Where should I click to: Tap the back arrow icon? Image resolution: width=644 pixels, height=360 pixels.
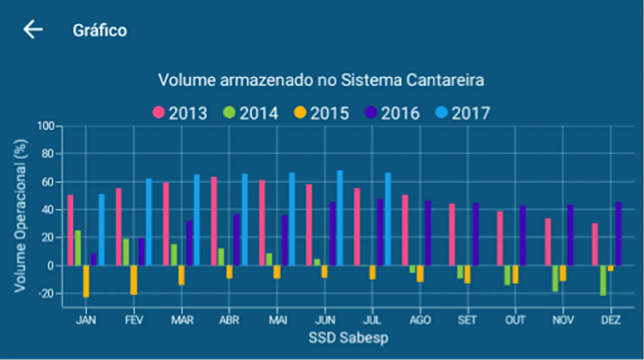coord(33,30)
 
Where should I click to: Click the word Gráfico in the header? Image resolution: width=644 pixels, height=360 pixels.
coord(100,30)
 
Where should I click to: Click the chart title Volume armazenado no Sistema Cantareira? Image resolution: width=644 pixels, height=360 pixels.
coord(321,80)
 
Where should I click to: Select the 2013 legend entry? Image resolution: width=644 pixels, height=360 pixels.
coord(180,113)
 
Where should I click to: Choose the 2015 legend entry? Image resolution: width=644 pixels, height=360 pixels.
coord(322,113)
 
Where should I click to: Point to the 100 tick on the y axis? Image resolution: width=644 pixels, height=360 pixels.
coord(46,126)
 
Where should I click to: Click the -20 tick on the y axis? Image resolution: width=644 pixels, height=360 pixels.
coord(46,293)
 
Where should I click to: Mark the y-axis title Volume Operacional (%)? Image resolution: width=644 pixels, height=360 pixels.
coord(20,216)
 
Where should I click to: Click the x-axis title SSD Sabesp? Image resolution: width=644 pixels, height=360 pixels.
coord(348,338)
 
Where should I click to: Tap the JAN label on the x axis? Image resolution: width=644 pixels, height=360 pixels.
coord(86,320)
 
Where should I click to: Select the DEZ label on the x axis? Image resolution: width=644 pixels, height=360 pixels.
coord(610,320)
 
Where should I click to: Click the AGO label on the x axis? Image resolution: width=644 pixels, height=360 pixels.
coord(420,320)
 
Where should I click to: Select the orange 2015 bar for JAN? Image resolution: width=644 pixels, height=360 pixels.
coord(86,281)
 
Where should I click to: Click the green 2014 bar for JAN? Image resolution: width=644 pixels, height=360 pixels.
coord(78,248)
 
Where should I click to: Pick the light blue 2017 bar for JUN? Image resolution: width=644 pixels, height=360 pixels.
coord(340,218)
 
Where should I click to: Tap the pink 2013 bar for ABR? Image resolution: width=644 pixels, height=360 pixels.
coord(214,221)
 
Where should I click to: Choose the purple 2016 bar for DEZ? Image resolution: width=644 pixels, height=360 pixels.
coord(618,234)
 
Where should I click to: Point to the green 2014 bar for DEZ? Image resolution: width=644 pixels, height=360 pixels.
coord(603,280)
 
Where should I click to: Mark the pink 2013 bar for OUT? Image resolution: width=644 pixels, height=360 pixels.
coord(500,238)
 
